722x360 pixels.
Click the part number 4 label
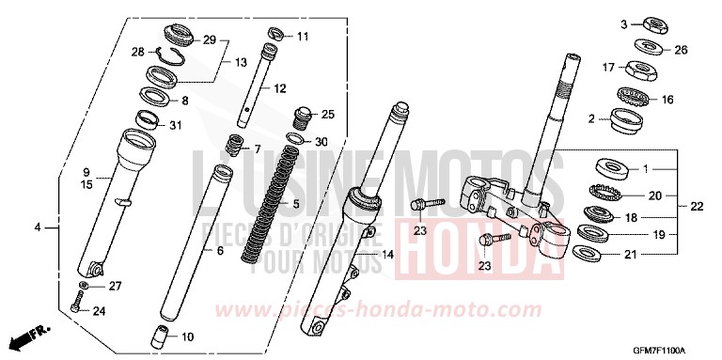[x=38, y=227]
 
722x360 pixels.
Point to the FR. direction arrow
[x=27, y=334]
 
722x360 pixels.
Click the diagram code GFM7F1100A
[x=674, y=348]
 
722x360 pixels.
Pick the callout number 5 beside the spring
[x=296, y=203]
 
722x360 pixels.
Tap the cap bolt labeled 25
[x=302, y=117]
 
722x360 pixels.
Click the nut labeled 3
[x=648, y=23]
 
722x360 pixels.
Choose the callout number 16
[x=669, y=98]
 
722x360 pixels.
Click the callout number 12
[x=279, y=88]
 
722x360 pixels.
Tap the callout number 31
[x=176, y=127]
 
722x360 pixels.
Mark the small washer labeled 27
[x=85, y=286]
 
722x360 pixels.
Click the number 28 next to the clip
[x=137, y=52]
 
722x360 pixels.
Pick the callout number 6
[x=220, y=251]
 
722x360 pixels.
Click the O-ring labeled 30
[x=294, y=140]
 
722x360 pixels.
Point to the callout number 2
[x=591, y=118]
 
